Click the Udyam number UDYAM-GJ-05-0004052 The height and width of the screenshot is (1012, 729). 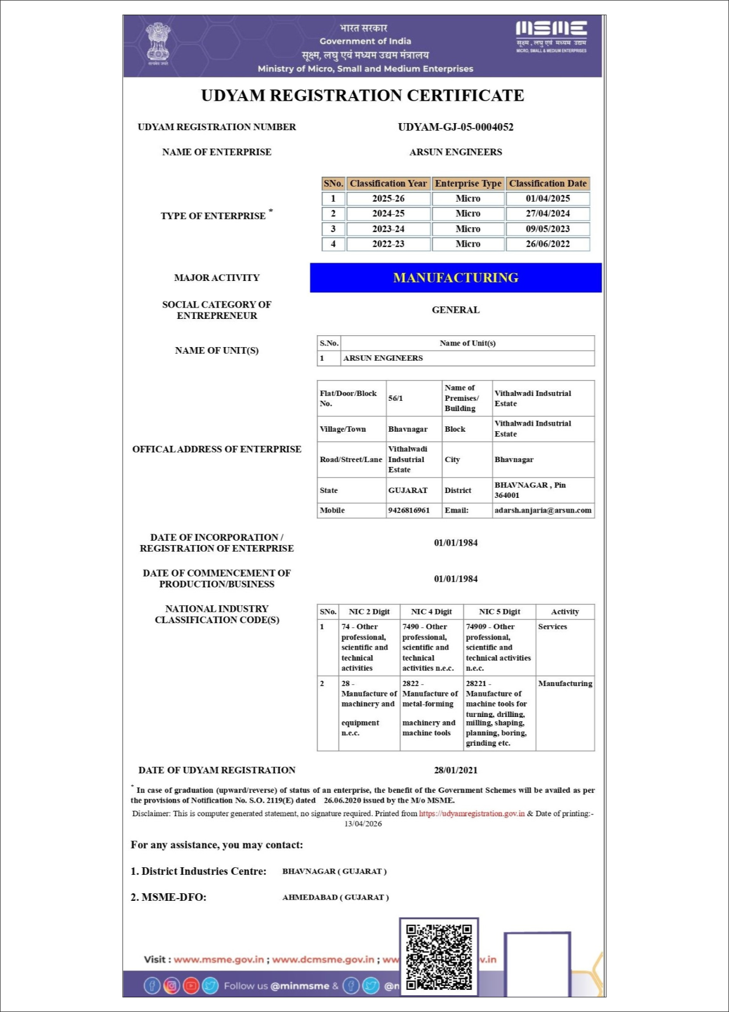click(x=455, y=127)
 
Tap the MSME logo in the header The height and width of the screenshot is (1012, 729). click(x=551, y=36)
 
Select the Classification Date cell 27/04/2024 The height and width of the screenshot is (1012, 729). click(x=547, y=214)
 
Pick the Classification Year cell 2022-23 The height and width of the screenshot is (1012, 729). click(x=388, y=244)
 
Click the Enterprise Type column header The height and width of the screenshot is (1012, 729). click(x=468, y=183)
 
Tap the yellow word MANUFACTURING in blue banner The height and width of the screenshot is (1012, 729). click(x=455, y=278)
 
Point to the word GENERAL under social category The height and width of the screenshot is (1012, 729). click(x=455, y=310)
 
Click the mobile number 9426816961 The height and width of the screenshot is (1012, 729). click(x=409, y=510)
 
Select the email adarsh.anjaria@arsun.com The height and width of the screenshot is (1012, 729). click(x=543, y=510)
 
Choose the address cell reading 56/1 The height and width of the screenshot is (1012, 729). click(x=396, y=398)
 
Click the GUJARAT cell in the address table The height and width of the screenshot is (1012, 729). click(x=408, y=490)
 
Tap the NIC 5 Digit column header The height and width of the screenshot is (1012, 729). click(x=499, y=612)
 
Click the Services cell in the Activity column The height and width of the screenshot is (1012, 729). click(x=553, y=626)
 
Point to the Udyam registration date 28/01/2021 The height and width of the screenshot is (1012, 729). click(x=455, y=770)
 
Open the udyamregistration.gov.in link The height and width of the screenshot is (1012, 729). click(x=472, y=814)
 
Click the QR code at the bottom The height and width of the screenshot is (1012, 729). click(x=439, y=957)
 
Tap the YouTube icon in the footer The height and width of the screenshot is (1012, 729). click(x=191, y=985)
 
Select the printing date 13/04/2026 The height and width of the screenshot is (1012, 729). click(x=363, y=824)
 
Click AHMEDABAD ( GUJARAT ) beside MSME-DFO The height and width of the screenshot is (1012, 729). click(x=335, y=898)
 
